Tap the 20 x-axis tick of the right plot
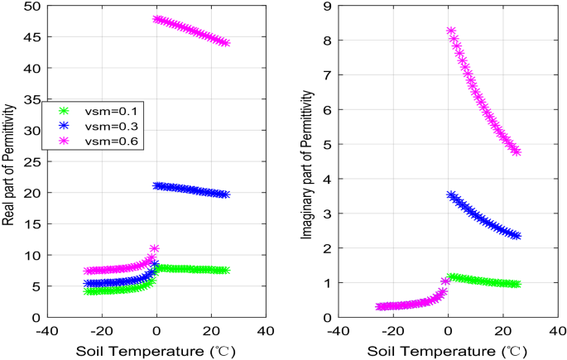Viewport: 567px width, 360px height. [x=502, y=331]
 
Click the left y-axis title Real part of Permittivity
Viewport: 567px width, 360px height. [x=8, y=161]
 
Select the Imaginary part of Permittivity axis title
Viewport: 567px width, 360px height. [x=307, y=162]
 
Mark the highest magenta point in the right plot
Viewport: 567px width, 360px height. [x=451, y=31]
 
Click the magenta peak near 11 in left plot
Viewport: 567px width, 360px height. [x=155, y=248]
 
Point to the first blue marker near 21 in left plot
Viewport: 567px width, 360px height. [x=157, y=185]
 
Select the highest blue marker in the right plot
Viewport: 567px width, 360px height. [x=451, y=195]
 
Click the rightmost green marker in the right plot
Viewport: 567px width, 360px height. [x=517, y=284]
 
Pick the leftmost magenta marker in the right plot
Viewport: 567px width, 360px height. [x=380, y=306]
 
